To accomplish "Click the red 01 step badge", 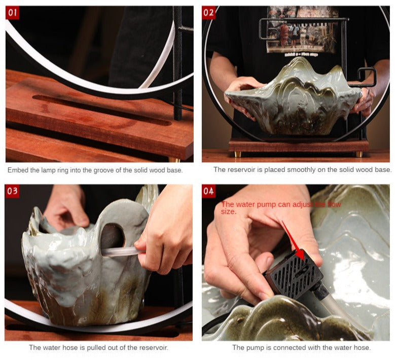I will coord(12,13).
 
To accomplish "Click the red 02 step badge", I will coord(208,13).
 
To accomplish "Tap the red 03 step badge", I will coord(12,191).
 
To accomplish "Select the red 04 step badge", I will coord(208,191).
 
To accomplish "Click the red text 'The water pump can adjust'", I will coord(264,204).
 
